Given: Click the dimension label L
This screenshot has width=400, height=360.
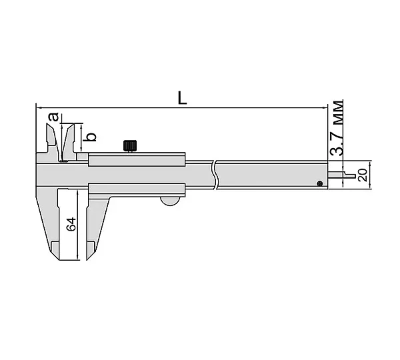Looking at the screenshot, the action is click(182, 98).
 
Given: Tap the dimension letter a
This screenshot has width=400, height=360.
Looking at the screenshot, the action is click(53, 117).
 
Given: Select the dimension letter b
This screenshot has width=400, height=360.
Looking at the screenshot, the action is click(91, 137).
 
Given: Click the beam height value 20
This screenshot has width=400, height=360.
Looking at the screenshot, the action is click(363, 175).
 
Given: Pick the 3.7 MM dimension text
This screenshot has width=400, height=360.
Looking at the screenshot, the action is click(337, 128).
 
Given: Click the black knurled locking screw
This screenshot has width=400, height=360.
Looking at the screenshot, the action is click(130, 146).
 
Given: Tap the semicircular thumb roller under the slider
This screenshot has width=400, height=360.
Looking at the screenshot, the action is click(170, 201).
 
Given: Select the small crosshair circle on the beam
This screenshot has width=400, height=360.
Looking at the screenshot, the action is click(319, 183).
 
